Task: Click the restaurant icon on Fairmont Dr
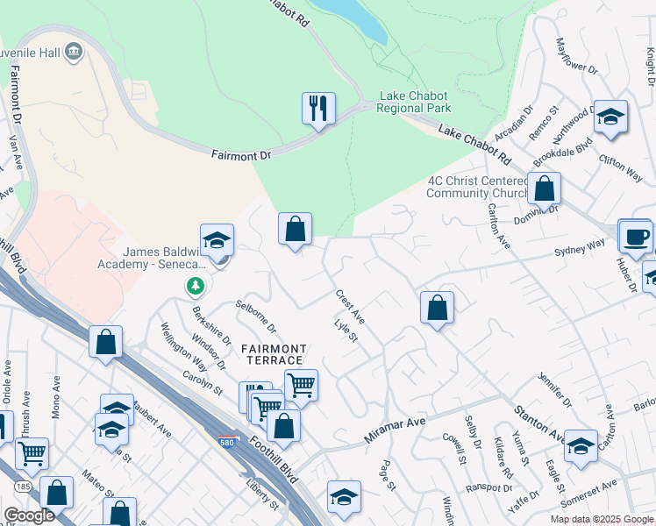318,109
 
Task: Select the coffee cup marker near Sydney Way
635,235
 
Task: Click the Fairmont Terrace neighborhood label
274,354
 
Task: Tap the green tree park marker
194,286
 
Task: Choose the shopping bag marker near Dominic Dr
544,188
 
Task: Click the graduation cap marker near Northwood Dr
610,117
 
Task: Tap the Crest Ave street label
350,308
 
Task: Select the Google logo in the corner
29,515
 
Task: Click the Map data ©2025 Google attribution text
601,519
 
